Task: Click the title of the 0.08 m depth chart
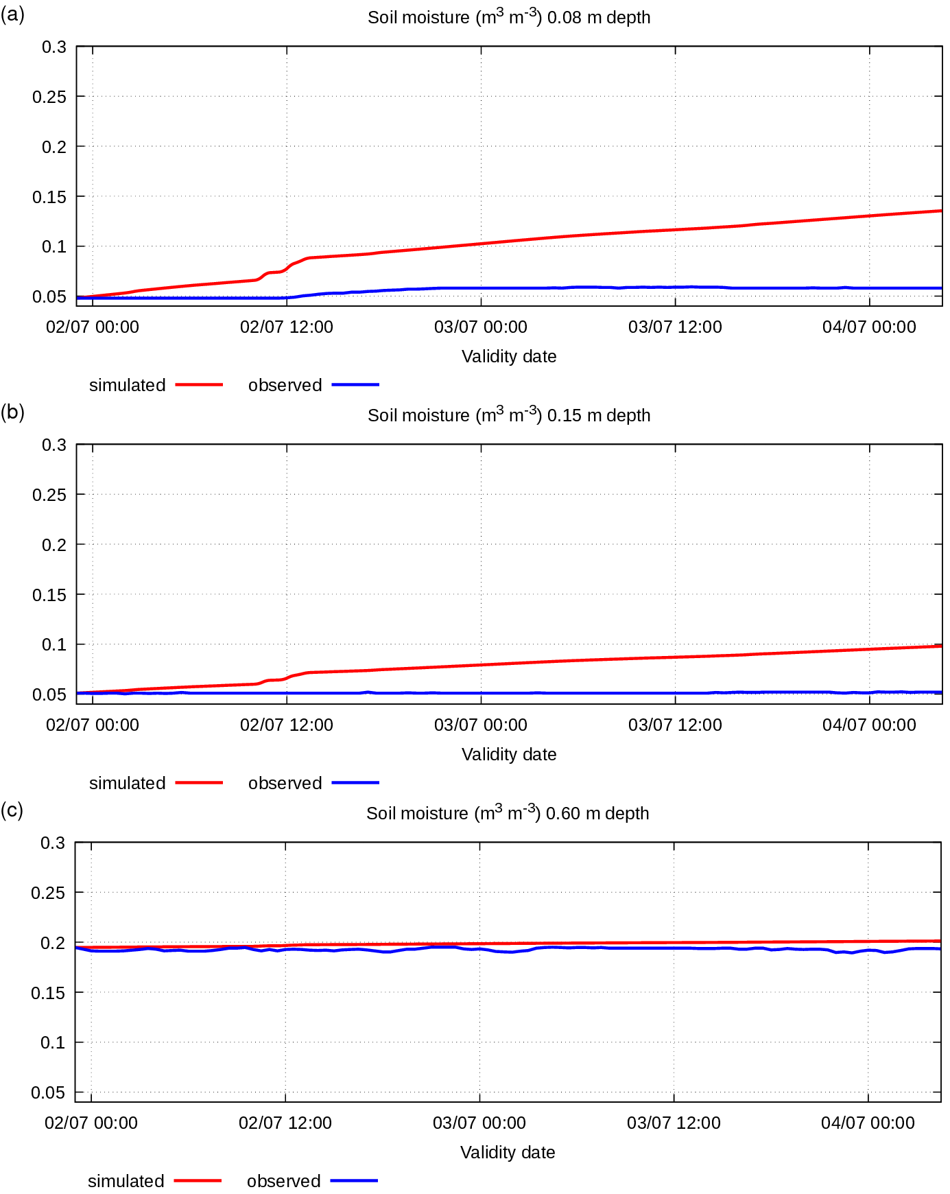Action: (x=509, y=16)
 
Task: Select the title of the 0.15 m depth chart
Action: (x=509, y=414)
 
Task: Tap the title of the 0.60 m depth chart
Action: (x=508, y=812)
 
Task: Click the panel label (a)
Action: (x=12, y=14)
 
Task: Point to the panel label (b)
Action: (x=12, y=412)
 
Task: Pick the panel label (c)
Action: (x=12, y=810)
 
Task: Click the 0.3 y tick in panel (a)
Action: (x=54, y=47)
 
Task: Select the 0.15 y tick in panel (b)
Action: (x=49, y=595)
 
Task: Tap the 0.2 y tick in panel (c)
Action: (x=53, y=943)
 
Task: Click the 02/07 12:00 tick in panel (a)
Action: (x=287, y=327)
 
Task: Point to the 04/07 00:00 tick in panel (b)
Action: (x=869, y=725)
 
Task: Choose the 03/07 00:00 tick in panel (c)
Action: (x=479, y=1123)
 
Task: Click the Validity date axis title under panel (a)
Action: (x=509, y=357)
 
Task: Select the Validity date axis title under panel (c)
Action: (x=508, y=1153)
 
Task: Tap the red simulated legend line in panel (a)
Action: (x=200, y=385)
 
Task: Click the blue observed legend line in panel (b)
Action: (x=355, y=782)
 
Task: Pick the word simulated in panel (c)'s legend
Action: (x=126, y=1181)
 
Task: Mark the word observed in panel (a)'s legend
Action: (x=285, y=385)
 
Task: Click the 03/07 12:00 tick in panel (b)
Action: (x=675, y=725)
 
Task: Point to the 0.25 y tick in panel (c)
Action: (x=48, y=893)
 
